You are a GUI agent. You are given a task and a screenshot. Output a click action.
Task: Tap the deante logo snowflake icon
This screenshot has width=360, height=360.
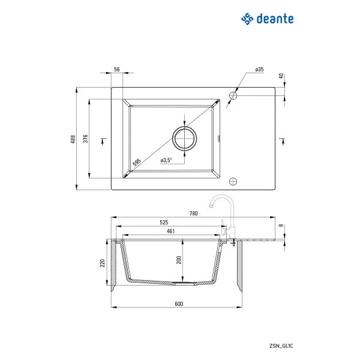pos(247,19)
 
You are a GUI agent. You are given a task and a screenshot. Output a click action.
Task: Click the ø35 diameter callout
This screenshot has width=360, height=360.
pos(259,70)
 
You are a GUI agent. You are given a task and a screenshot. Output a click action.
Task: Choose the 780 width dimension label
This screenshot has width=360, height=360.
pos(193,213)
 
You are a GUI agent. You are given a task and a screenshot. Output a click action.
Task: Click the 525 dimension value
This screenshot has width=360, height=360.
pos(164,222)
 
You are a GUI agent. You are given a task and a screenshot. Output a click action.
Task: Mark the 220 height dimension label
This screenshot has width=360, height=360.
pos(103,263)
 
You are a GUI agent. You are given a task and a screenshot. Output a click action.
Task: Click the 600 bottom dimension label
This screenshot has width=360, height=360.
pos(178,304)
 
